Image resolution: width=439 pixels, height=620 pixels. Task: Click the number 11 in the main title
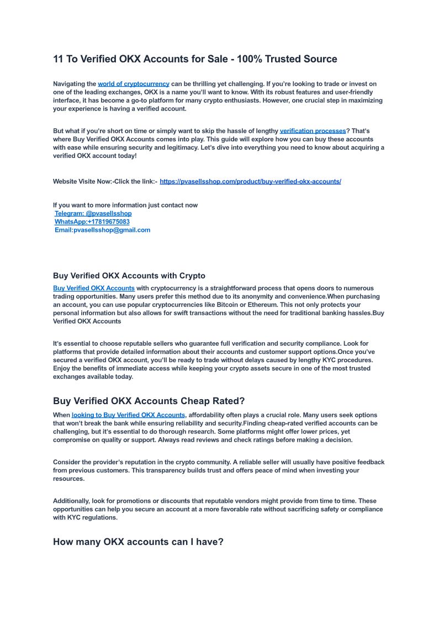(58, 59)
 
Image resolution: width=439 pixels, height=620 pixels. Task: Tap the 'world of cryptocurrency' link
(134, 84)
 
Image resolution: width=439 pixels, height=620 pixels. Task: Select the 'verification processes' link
(313, 131)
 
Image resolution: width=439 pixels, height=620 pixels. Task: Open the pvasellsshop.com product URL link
(250, 182)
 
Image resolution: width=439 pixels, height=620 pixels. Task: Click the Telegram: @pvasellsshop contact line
(93, 213)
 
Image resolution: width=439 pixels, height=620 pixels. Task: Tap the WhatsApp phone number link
(92, 221)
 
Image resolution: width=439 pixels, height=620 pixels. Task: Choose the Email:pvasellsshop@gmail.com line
(102, 230)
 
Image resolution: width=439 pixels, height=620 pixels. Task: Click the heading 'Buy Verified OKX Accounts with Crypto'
(129, 275)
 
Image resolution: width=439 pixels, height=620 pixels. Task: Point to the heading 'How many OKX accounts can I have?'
(138, 542)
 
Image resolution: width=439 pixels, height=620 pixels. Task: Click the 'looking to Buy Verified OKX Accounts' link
(128, 415)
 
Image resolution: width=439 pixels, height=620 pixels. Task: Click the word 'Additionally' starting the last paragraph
(72, 501)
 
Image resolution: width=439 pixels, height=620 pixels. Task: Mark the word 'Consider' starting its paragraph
(67, 462)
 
